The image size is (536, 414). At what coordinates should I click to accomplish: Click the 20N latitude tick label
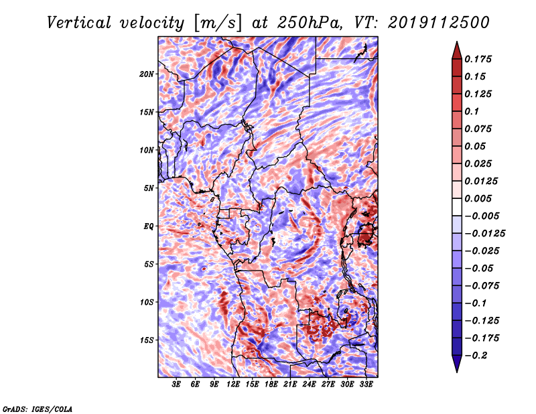(146, 74)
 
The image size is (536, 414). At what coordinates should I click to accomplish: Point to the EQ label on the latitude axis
(148, 226)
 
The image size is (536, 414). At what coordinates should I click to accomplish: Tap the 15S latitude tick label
(147, 340)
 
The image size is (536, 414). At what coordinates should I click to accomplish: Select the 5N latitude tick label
(148, 188)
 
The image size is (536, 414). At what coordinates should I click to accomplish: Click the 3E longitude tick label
(176, 385)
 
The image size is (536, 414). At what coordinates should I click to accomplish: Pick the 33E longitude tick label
(366, 385)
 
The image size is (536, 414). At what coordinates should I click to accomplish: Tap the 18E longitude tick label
(271, 385)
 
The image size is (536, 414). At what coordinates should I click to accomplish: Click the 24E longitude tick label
(309, 385)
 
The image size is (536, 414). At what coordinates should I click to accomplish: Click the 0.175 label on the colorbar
(478, 59)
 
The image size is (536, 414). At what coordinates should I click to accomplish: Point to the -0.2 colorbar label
(476, 356)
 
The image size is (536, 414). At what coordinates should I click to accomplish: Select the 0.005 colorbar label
(478, 198)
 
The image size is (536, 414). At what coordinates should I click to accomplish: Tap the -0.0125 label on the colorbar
(484, 234)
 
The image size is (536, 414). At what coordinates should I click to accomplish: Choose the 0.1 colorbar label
(472, 111)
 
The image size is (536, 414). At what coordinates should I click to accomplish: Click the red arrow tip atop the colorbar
(457, 42)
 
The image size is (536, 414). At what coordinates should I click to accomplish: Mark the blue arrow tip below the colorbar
(457, 372)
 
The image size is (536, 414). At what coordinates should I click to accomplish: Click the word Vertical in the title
(79, 23)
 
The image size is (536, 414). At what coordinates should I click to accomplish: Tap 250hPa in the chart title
(310, 23)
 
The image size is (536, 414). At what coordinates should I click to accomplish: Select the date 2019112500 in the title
(439, 23)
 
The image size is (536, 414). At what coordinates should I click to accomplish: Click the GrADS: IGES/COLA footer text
(38, 409)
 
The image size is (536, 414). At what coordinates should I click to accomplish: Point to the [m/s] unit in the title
(218, 23)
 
